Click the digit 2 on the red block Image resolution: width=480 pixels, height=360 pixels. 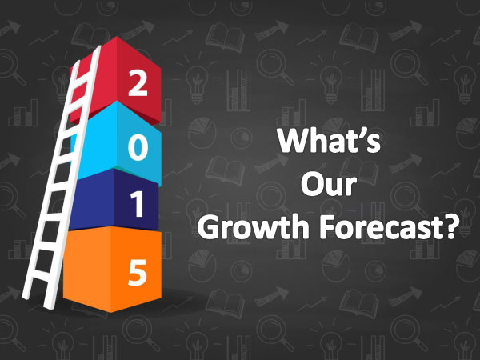(138, 82)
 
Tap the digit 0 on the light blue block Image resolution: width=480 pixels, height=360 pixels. (138, 148)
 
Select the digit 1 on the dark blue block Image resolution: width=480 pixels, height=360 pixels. (138, 205)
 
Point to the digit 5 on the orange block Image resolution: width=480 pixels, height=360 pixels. (138, 273)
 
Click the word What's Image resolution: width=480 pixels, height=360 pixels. (329, 140)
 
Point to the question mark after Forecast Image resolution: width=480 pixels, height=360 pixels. (449, 227)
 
